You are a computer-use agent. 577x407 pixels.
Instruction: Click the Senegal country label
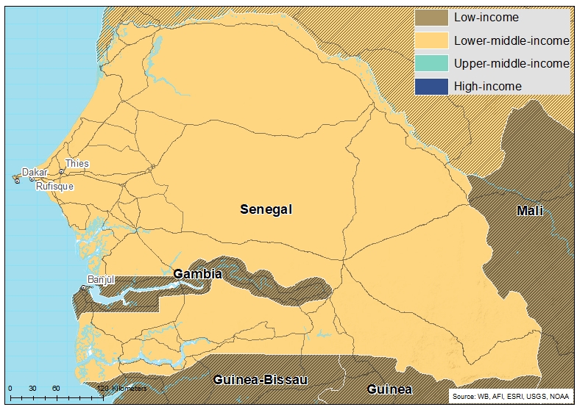click(x=266, y=209)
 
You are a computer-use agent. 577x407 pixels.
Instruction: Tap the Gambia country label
click(x=197, y=274)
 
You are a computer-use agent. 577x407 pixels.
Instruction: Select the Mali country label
click(x=529, y=212)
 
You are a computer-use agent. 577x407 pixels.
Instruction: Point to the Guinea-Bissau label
click(x=260, y=380)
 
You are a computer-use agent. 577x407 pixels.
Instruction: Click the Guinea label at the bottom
click(x=390, y=389)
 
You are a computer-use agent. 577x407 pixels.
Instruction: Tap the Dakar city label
click(x=35, y=173)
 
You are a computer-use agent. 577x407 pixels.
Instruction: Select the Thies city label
click(x=77, y=163)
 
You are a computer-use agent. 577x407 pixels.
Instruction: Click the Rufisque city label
click(x=54, y=187)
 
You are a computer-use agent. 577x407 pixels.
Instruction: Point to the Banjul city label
click(x=102, y=280)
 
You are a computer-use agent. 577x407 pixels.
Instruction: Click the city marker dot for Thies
click(x=62, y=172)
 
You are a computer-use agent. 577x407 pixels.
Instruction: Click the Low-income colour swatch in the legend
click(x=431, y=18)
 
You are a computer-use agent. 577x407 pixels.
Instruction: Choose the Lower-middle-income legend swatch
click(x=431, y=40)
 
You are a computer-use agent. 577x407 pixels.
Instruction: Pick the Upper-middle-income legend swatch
click(x=431, y=63)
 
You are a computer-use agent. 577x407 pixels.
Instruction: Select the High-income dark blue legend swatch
click(x=431, y=86)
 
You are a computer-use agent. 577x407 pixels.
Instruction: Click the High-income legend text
click(x=487, y=86)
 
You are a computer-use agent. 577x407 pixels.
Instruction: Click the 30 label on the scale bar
click(x=32, y=388)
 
